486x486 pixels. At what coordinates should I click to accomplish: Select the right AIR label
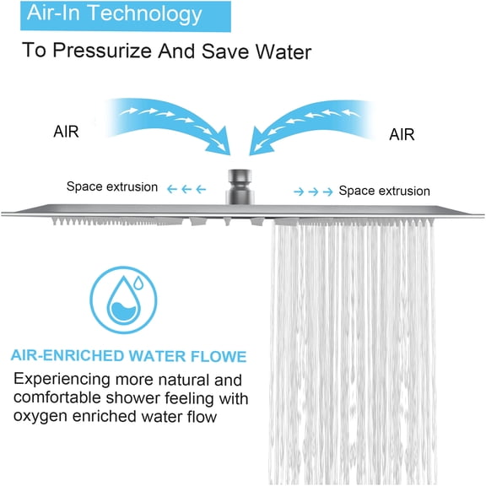tap(402, 133)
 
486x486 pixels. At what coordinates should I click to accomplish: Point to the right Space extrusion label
tap(384, 191)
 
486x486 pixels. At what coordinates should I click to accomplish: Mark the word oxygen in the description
tap(40, 417)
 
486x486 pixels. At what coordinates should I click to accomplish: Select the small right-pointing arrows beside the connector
tap(312, 192)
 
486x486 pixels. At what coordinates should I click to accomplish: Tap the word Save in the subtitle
tap(200, 51)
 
